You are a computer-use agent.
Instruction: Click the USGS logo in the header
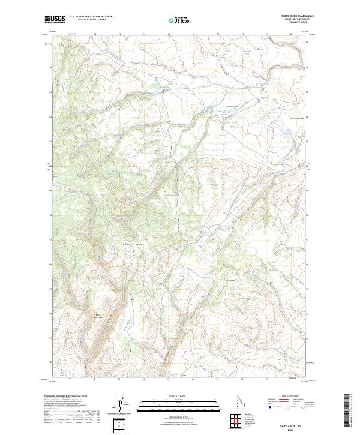click(55, 20)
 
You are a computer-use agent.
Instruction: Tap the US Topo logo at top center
click(179, 20)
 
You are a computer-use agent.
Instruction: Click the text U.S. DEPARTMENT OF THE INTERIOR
click(91, 17)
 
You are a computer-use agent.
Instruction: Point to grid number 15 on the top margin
click(169, 34)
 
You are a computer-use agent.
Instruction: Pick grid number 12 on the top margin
click(95, 34)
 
